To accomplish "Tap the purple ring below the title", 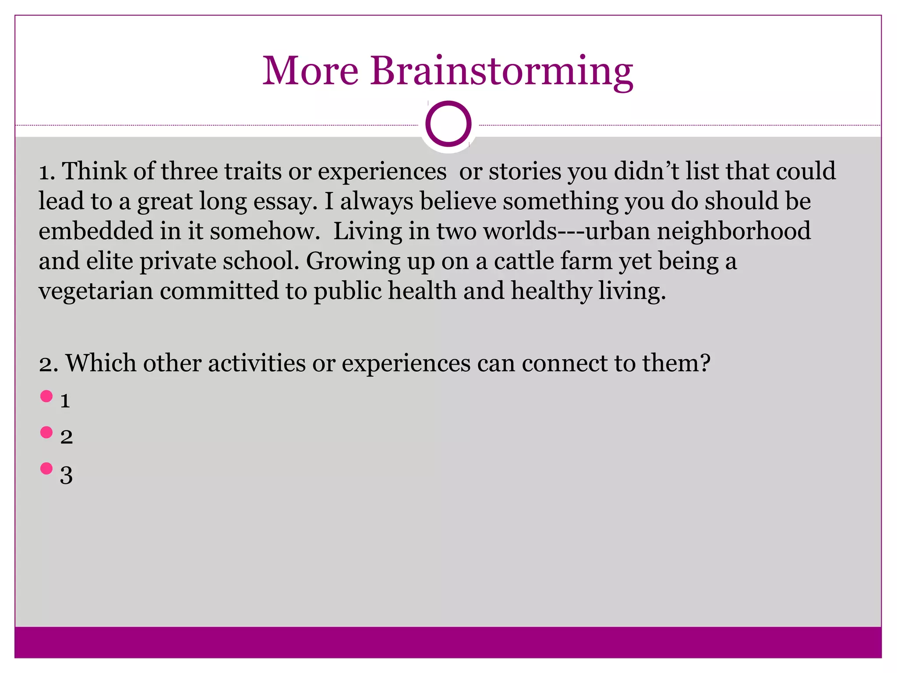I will click(448, 124).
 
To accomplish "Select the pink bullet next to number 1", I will click(46, 397).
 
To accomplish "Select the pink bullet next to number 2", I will click(46, 432).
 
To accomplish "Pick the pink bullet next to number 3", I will click(46, 468).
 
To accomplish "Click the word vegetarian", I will click(95, 291).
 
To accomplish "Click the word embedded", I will click(95, 231).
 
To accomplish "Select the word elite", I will click(109, 261).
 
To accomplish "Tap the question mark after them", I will click(704, 363).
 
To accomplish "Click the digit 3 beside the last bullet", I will click(66, 475).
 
